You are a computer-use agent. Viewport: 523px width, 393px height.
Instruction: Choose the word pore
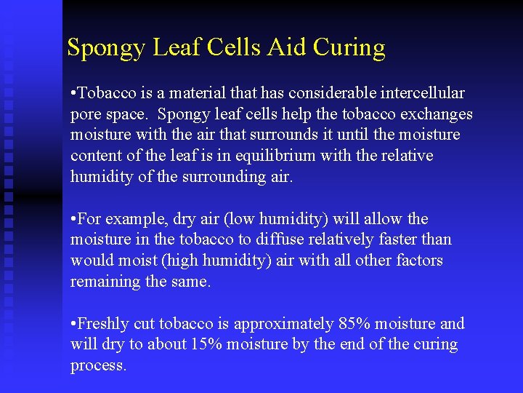86,115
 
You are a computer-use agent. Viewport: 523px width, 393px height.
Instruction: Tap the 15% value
206,344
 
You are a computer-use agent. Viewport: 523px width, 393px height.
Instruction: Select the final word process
98,366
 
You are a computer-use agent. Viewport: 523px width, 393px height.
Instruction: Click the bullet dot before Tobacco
73,94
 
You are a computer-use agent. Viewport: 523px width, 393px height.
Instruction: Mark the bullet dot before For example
73,219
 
